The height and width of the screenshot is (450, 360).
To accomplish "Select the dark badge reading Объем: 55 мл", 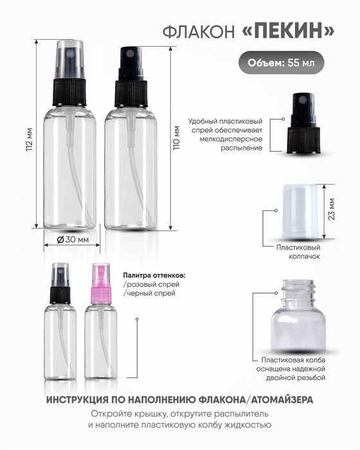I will [282, 64].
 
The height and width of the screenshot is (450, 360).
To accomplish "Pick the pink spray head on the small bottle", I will [101, 287].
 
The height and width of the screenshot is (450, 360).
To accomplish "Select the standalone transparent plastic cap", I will [299, 209].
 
